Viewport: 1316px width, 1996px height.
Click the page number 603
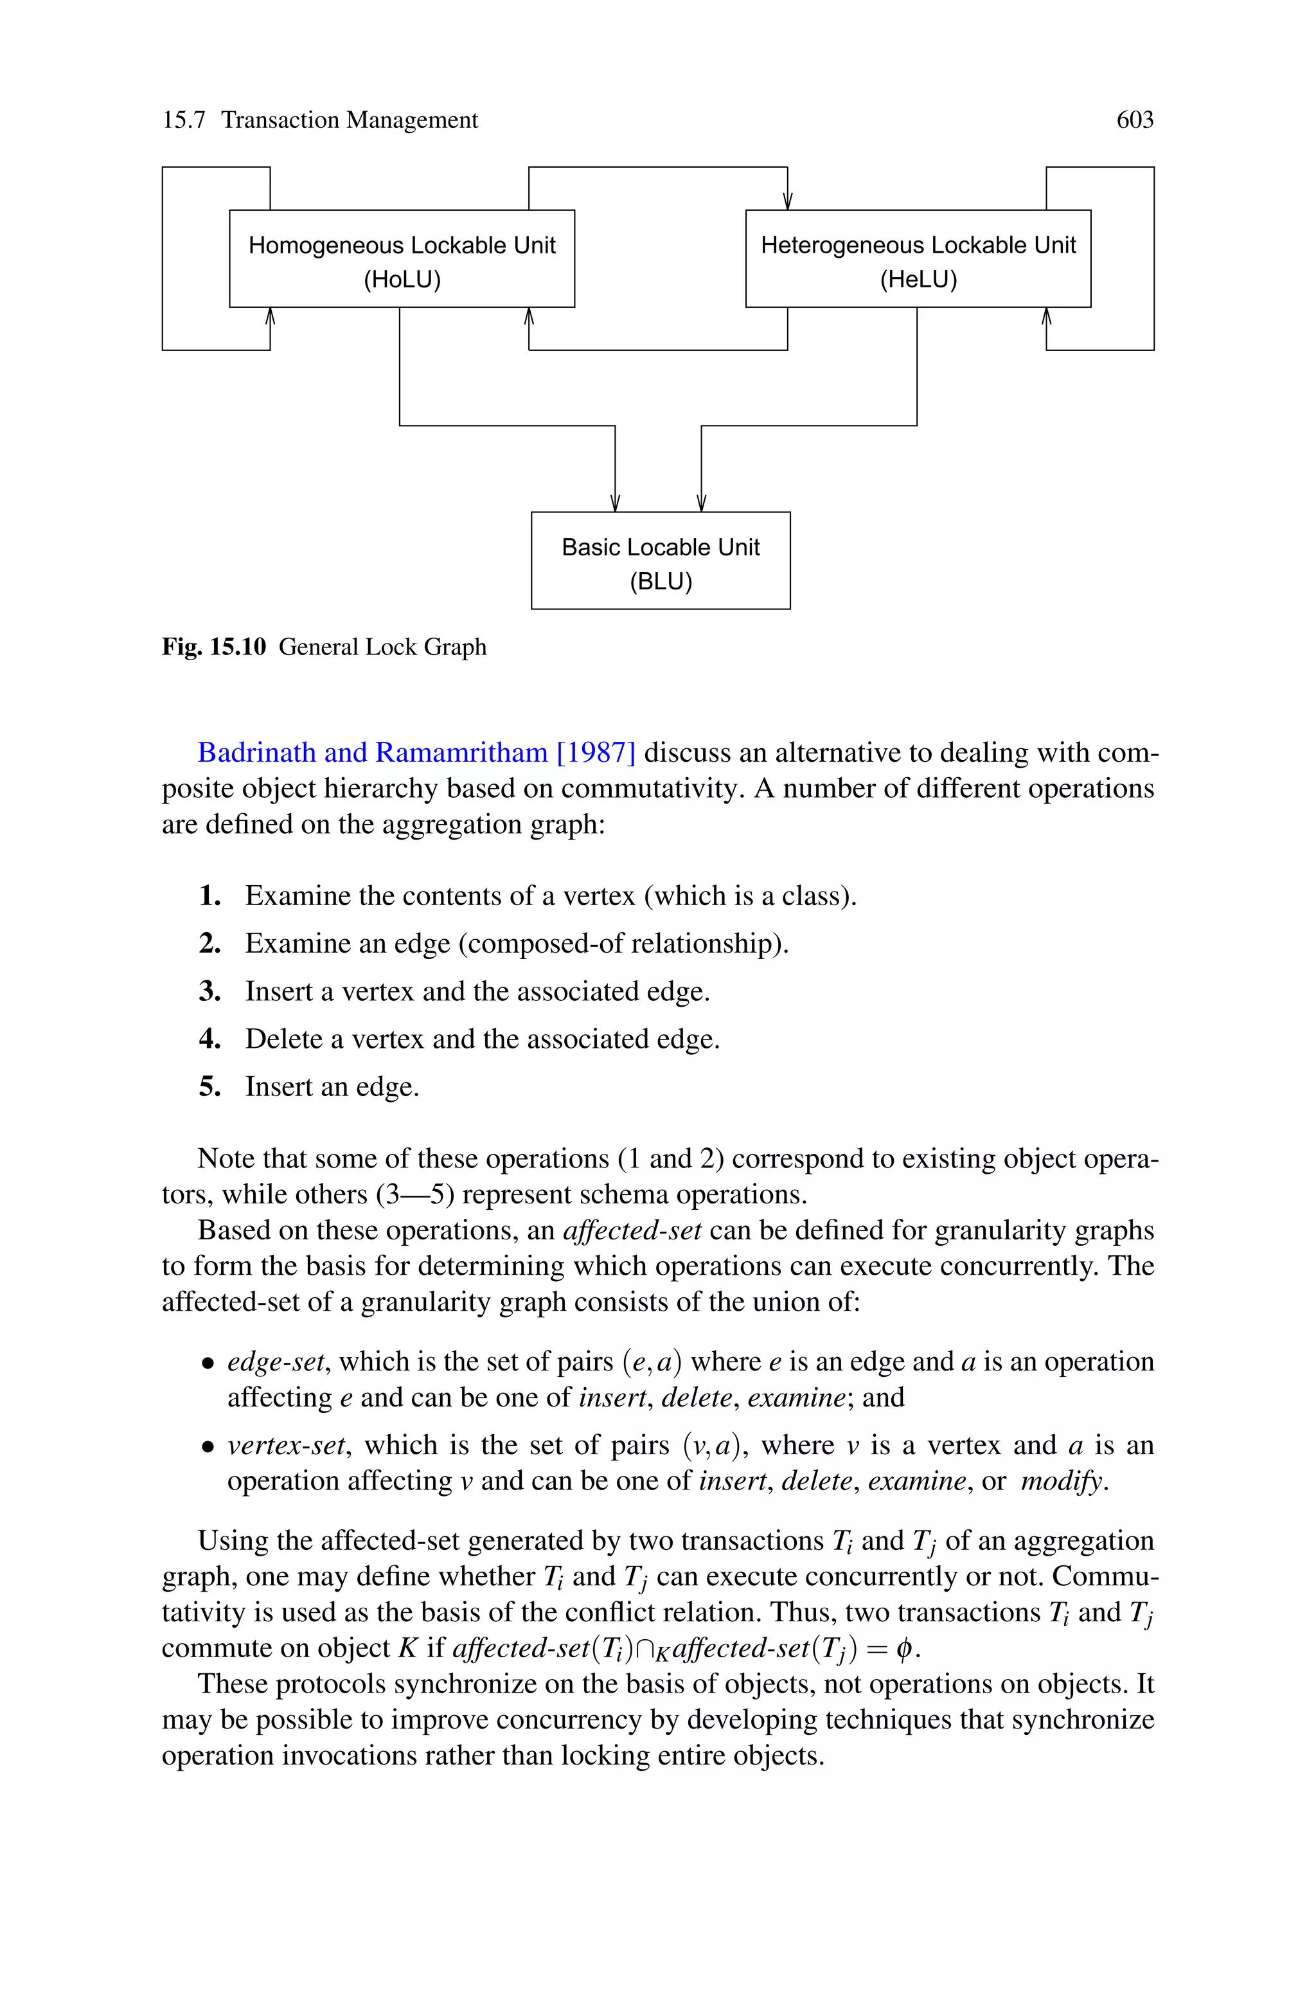tap(1135, 120)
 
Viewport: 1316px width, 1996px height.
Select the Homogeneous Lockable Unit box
tap(402, 258)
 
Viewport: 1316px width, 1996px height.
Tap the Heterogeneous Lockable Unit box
tap(918, 258)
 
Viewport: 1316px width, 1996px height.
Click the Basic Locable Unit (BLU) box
tap(661, 561)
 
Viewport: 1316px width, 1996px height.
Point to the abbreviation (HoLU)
tap(402, 280)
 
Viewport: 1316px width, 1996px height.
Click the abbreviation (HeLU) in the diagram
tap(918, 280)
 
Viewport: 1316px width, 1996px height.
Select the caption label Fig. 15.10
tap(214, 647)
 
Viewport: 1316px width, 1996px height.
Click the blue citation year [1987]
tap(596, 752)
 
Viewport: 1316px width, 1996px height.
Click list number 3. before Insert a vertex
tap(210, 991)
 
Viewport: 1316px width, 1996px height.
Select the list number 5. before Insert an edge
tap(210, 1087)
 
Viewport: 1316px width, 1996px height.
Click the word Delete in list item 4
tap(283, 1039)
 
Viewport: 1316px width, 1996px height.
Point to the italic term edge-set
tap(275, 1362)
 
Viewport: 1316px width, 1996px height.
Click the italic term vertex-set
tap(286, 1445)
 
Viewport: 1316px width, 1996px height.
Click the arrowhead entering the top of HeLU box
tap(787, 201)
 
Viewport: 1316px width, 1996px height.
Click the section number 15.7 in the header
tap(183, 120)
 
